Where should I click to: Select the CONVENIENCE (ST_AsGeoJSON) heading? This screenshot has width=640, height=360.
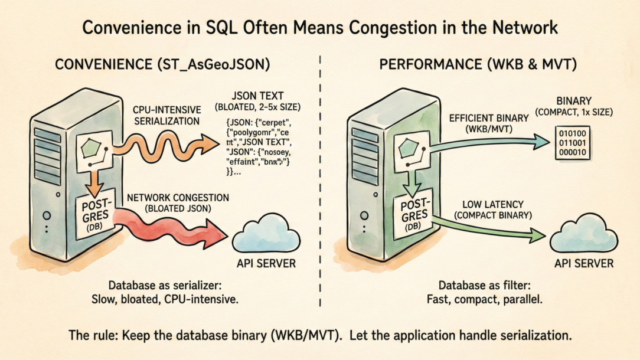click(x=162, y=65)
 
